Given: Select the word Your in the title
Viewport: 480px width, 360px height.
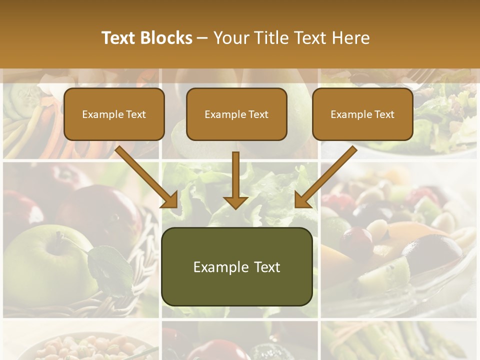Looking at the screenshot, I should coord(229,38).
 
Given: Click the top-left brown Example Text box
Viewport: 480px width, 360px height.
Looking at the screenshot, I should coord(114,114).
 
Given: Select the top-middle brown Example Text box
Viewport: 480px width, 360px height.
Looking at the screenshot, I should coord(236,114).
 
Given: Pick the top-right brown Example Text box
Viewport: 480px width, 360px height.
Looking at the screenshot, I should coord(362,114).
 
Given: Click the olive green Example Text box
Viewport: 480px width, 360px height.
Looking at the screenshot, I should coord(236,267).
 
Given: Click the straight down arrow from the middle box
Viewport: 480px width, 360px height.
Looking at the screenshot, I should coord(235,177).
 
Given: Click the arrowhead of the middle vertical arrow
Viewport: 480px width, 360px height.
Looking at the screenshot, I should coord(235,202).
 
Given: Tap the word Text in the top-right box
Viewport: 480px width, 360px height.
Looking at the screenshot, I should coord(384,114).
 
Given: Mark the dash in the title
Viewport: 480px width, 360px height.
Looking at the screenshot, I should coord(202,38).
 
